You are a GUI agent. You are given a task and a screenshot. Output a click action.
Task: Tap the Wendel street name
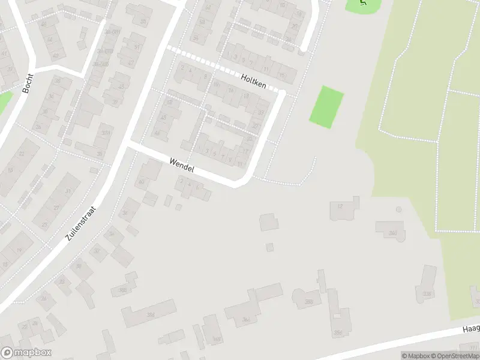pos(181,165)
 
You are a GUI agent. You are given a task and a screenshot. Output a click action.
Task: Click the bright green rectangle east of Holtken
pos(327,106)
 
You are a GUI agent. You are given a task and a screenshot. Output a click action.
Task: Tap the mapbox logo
pos(26,353)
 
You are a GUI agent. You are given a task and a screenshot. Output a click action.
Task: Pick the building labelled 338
pos(427,293)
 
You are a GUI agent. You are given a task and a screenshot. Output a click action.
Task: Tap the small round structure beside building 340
pos(399,209)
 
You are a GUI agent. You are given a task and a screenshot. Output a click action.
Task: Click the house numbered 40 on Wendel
pos(142,182)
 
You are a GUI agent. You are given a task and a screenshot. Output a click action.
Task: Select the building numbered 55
pos(143,22)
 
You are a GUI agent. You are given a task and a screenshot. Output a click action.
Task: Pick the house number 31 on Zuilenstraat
pos(68,191)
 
